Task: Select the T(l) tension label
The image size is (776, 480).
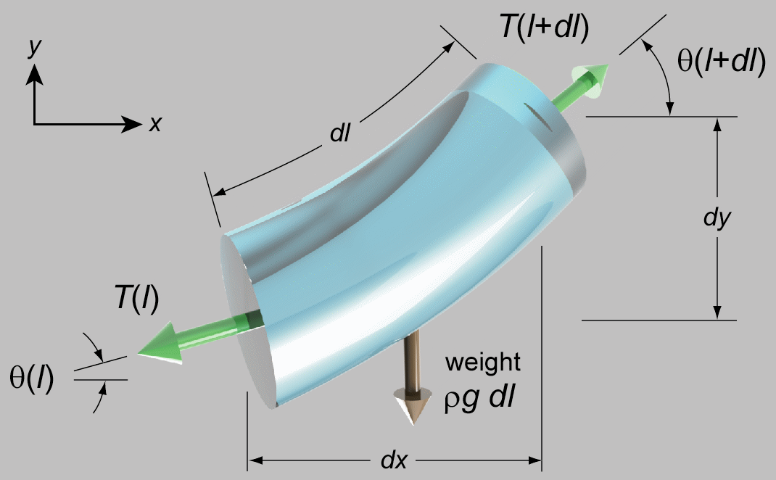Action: pyautogui.click(x=136, y=298)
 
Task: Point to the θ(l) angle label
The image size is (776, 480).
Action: pyautogui.click(x=31, y=379)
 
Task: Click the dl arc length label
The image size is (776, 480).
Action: pyautogui.click(x=340, y=133)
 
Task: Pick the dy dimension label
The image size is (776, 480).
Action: pyautogui.click(x=717, y=217)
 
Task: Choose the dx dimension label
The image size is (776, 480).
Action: pyautogui.click(x=394, y=460)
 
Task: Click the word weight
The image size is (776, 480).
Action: pyautogui.click(x=482, y=363)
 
